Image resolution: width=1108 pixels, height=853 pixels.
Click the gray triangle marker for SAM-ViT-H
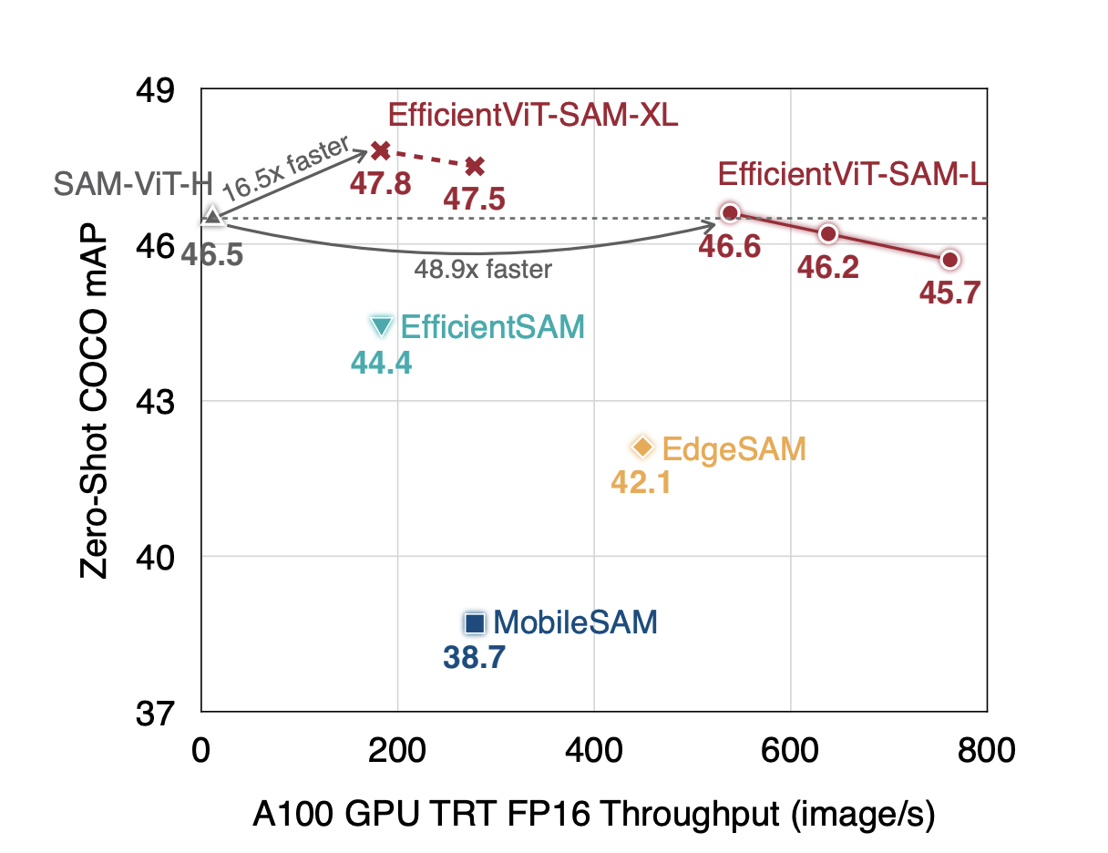(211, 216)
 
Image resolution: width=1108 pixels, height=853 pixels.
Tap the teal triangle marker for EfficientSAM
(382, 326)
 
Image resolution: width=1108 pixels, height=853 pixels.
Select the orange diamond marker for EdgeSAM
(643, 447)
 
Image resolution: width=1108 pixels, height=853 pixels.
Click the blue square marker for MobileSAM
(474, 623)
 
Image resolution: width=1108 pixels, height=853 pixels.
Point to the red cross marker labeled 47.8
(381, 150)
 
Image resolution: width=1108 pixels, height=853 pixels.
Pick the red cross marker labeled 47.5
(475, 166)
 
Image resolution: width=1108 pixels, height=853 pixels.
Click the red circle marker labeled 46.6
(729, 213)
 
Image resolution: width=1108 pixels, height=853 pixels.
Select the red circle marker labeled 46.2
(827, 234)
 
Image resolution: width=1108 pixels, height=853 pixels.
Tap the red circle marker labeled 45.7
(949, 260)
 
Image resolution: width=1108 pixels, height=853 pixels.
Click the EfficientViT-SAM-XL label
(533, 116)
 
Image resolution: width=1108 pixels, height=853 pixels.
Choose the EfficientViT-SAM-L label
(852, 174)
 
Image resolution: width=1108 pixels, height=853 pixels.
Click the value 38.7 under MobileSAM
(474, 657)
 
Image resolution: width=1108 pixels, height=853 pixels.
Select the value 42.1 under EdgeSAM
(641, 481)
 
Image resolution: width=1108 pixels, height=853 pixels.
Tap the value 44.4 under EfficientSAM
(382, 364)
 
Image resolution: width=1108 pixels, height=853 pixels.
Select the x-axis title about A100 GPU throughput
(593, 816)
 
